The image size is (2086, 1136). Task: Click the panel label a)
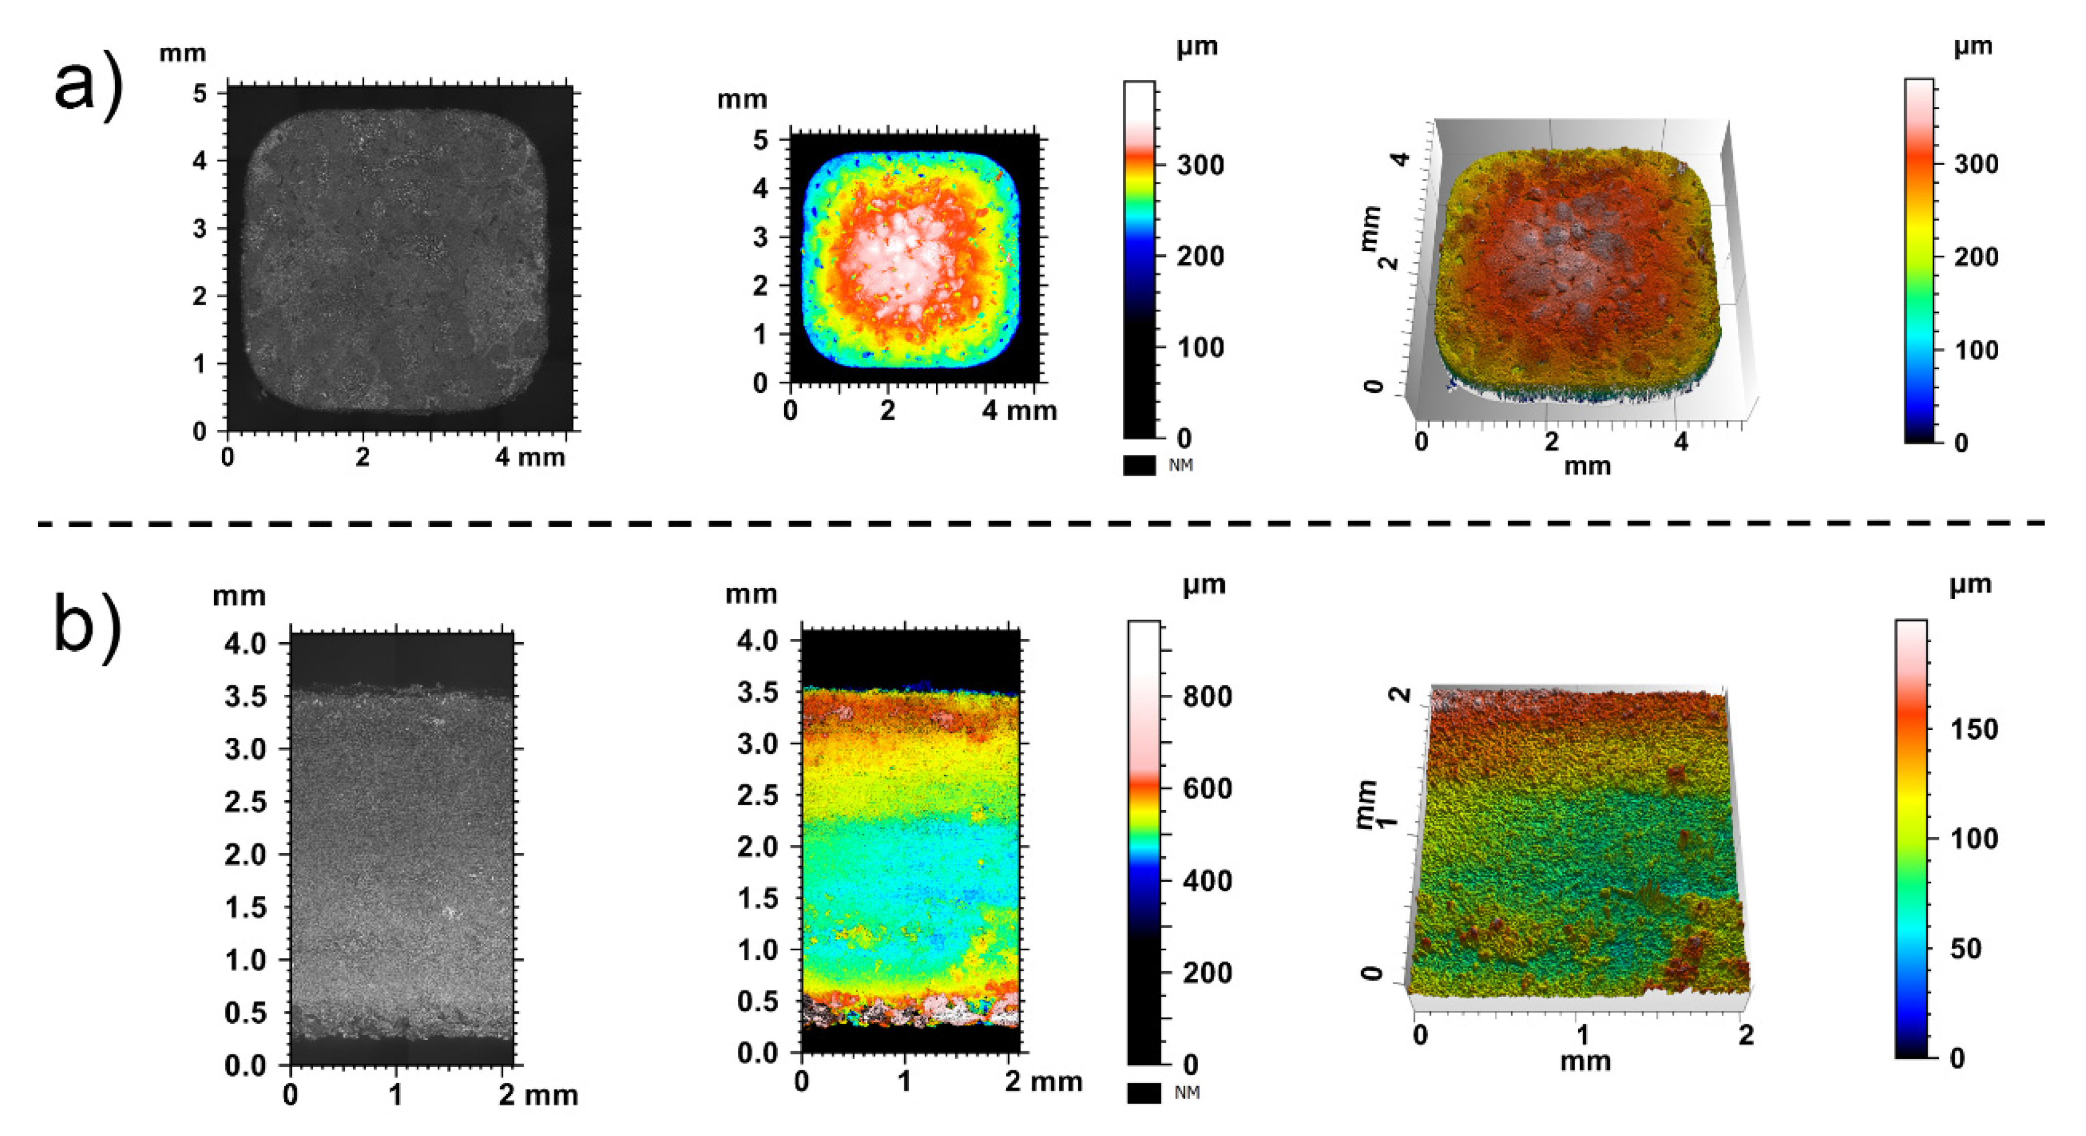[x=87, y=87]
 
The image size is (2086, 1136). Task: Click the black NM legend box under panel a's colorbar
[x=1139, y=465]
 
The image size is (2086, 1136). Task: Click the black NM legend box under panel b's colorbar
[x=1143, y=1093]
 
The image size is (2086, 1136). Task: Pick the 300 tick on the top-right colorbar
[x=1976, y=164]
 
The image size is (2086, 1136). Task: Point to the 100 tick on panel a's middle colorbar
[x=1199, y=347]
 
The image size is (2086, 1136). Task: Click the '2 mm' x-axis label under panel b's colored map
[x=1043, y=1081]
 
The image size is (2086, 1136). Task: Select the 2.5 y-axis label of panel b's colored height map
[x=757, y=795]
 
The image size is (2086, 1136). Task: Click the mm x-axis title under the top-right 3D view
[x=1587, y=467]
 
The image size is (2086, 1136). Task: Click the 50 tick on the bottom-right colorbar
[x=1965, y=947]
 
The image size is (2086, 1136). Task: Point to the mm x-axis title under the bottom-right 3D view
[x=1585, y=1061]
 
